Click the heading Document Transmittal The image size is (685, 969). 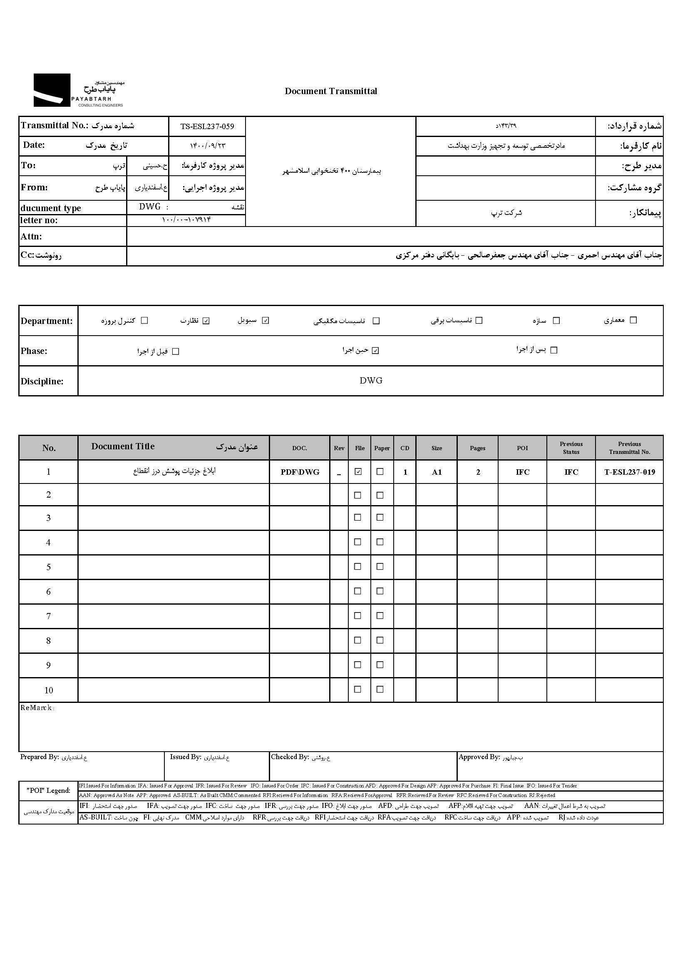331,91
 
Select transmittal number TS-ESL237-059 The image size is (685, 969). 207,127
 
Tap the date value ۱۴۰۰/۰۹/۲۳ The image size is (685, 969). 208,146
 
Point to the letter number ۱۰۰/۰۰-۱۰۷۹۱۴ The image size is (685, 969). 186,220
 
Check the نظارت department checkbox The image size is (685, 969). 206,321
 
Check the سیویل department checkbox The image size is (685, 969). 266,321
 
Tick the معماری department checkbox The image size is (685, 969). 633,320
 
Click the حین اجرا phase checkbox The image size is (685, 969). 375,351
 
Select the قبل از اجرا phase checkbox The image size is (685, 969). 176,351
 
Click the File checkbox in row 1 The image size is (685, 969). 358,472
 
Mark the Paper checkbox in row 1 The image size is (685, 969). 380,472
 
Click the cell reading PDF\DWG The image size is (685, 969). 300,472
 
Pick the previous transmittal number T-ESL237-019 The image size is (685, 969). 629,472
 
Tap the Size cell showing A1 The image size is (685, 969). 437,472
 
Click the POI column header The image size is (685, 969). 522,448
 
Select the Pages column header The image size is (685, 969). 477,448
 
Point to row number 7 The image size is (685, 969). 49,616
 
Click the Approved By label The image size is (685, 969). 479,757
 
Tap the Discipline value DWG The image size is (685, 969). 371,381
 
